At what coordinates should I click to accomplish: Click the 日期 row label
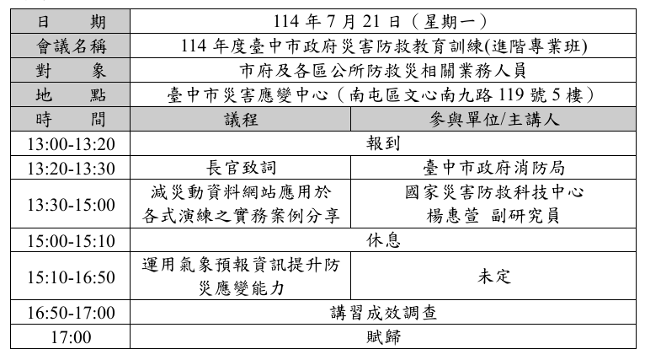click(71, 21)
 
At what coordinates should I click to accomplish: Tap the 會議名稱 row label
click(72, 46)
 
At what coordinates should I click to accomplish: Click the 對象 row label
click(71, 71)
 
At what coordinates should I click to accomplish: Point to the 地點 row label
click(71, 94)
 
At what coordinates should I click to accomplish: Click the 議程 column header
click(241, 120)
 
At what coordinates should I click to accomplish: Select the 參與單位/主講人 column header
click(494, 120)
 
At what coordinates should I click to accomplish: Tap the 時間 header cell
click(71, 120)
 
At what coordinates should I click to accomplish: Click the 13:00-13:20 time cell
click(71, 144)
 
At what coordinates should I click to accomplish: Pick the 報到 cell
click(383, 143)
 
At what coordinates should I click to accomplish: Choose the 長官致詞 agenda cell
click(241, 168)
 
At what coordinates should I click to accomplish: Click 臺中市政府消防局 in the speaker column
click(493, 168)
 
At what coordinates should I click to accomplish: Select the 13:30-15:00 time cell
click(71, 204)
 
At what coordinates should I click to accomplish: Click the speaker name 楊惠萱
click(452, 216)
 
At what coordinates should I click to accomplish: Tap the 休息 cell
click(383, 240)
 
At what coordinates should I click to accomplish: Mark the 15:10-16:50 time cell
click(71, 277)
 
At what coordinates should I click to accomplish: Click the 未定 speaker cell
click(494, 277)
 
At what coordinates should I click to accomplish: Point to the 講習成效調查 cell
click(383, 313)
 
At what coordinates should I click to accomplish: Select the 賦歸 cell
click(383, 337)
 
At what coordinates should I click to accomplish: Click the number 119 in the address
click(509, 95)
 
